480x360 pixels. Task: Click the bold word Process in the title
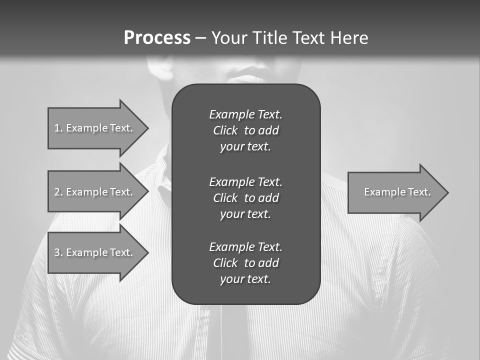157,38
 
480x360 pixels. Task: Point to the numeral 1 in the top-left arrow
57,128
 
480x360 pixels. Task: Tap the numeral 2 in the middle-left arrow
57,192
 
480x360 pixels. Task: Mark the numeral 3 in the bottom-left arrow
57,252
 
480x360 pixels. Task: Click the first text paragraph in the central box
245,130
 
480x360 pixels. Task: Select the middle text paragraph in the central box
245,197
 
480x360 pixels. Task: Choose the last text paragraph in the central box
245,263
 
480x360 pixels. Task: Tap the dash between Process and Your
200,38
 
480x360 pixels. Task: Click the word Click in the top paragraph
225,130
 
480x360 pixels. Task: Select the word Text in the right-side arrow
419,192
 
